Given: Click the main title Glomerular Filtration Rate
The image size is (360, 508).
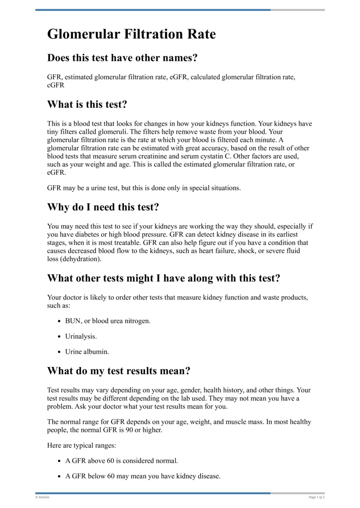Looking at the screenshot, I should (131, 34).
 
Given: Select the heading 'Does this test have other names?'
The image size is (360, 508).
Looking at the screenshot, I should (123, 58).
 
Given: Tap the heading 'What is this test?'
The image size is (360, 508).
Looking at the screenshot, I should (87, 104).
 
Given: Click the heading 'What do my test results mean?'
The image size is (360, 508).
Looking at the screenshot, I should (119, 371).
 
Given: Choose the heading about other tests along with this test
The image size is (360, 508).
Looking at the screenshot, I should (164, 278).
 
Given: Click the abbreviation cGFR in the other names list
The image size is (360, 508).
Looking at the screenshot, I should (56, 85).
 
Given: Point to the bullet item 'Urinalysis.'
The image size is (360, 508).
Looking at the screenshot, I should (81, 336).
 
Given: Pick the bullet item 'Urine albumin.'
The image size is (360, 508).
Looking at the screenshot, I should (87, 352).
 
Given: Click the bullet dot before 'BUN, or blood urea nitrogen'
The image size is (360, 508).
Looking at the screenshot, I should (60, 321).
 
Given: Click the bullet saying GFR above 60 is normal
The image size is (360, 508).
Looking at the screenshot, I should (121, 461).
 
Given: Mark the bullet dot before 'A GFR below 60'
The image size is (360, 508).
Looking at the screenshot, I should (60, 476).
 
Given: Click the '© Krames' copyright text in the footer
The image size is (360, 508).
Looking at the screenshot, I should (43, 497).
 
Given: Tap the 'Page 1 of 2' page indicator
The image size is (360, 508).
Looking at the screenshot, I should (316, 497).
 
